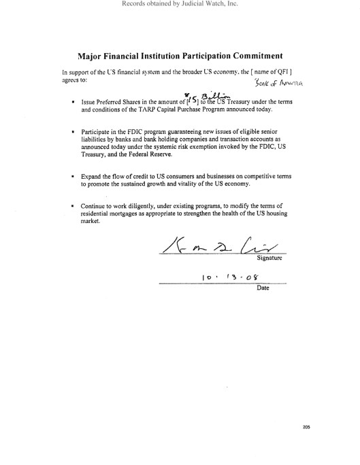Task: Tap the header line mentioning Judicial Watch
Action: (180, 4)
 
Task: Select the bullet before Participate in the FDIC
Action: (73, 130)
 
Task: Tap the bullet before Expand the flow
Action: (73, 175)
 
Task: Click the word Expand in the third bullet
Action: (93, 175)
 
